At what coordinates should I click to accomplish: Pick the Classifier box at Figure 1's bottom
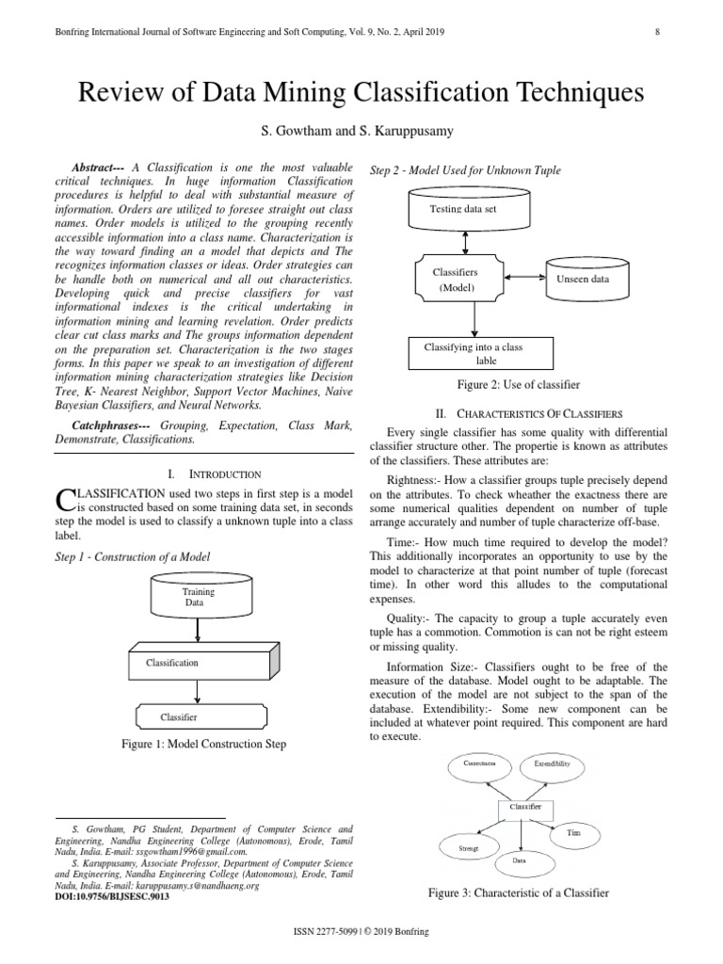[x=196, y=716]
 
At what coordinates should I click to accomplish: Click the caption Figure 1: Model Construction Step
[x=203, y=745]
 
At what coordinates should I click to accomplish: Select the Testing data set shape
[x=474, y=210]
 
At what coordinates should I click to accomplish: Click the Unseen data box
[x=583, y=280]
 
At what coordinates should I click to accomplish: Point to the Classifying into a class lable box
[x=474, y=353]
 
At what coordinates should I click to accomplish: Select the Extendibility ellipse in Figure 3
[x=552, y=764]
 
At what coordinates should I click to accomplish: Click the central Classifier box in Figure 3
[x=524, y=808]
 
